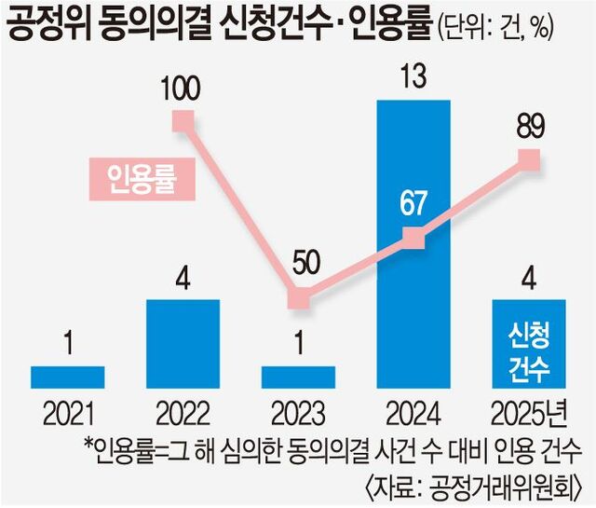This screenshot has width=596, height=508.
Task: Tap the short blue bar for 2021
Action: click(x=67, y=377)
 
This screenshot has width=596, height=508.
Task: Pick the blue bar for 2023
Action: click(x=297, y=377)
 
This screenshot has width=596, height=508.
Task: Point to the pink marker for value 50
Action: click(x=297, y=299)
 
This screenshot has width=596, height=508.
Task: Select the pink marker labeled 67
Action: click(x=413, y=240)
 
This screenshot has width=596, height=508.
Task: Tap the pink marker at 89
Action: click(x=529, y=159)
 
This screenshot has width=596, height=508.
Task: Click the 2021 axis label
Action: click(x=67, y=411)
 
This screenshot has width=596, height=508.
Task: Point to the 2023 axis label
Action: click(x=297, y=411)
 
